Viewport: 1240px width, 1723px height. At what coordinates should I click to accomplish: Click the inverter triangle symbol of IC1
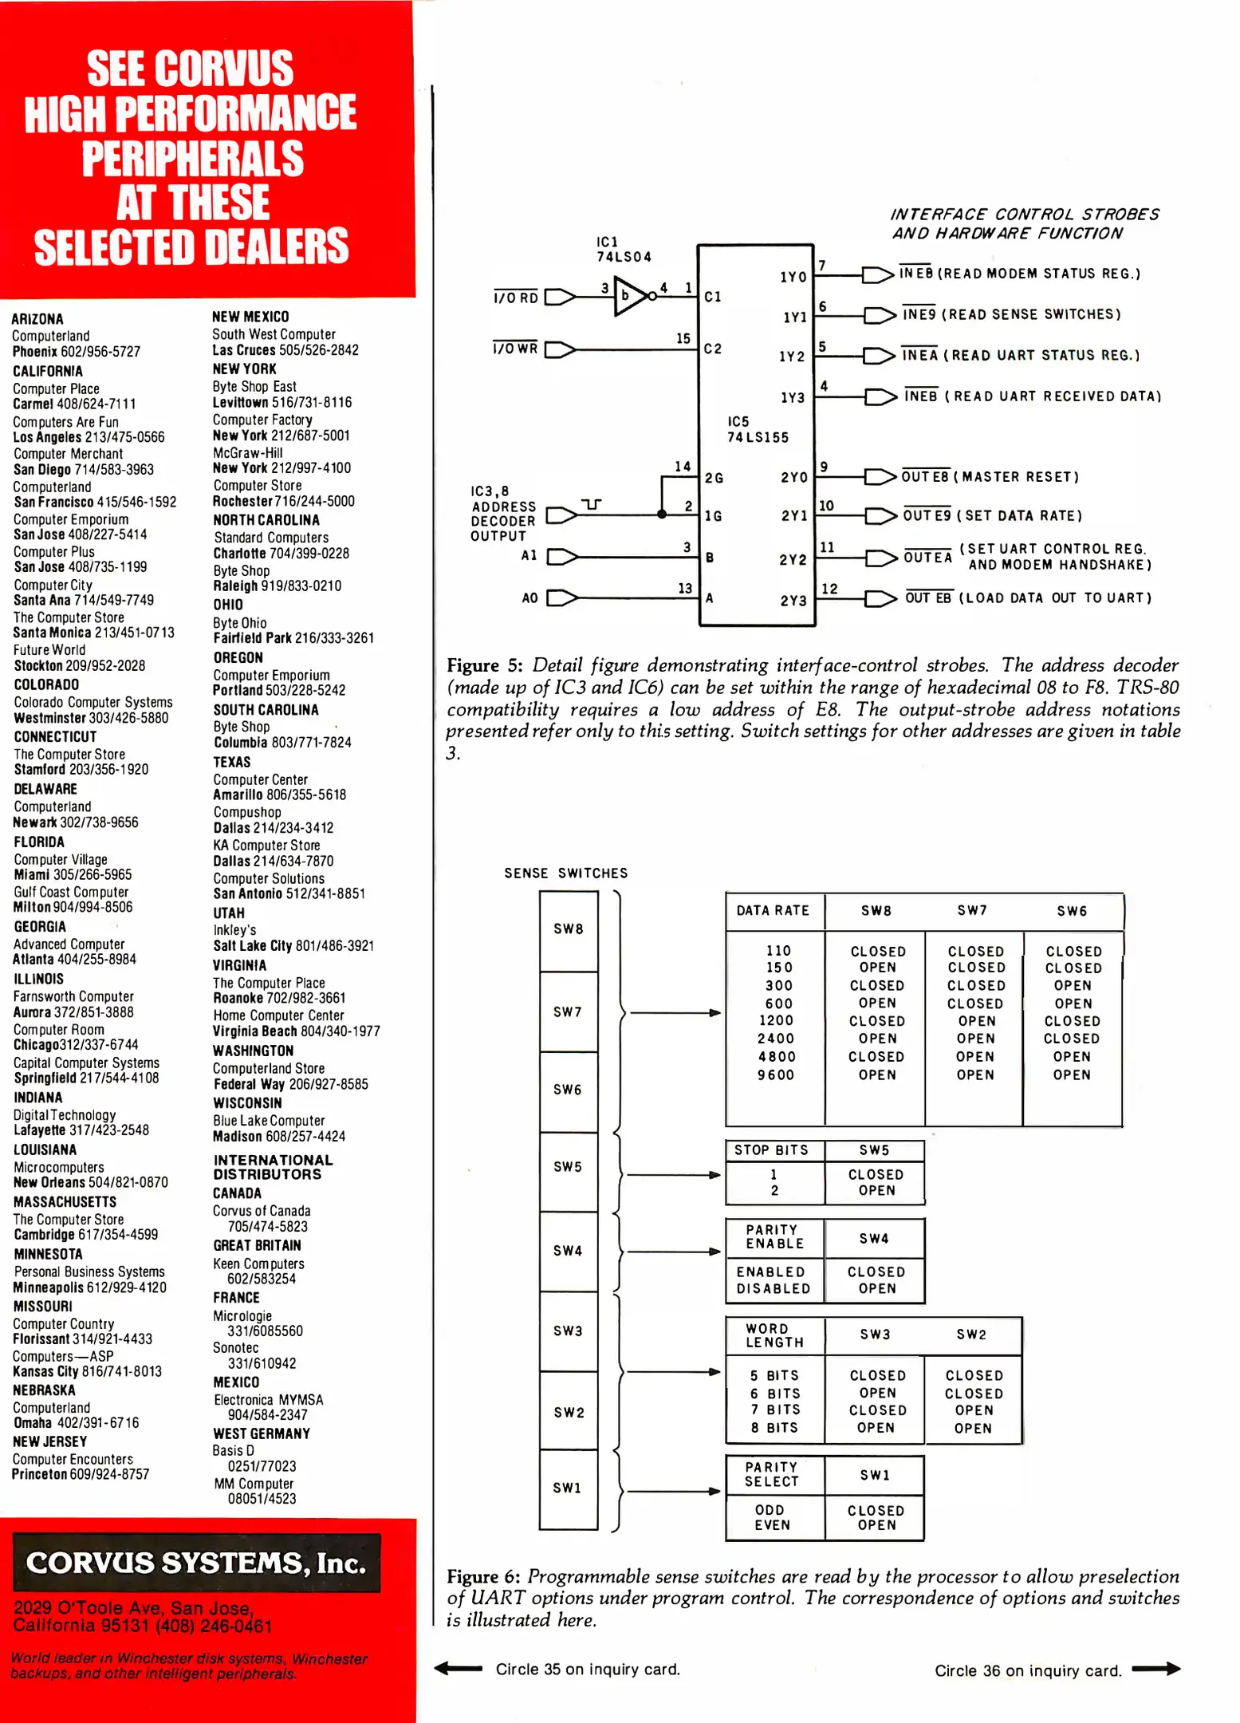[x=629, y=297]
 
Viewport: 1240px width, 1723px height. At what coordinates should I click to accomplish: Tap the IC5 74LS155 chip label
[x=757, y=429]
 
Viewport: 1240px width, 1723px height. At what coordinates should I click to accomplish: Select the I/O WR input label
[x=515, y=349]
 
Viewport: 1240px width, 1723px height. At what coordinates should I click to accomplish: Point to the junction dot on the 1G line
[x=661, y=515]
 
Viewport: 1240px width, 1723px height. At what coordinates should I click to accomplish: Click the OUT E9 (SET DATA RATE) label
[x=992, y=515]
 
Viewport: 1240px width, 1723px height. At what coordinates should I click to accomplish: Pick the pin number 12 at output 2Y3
[x=829, y=589]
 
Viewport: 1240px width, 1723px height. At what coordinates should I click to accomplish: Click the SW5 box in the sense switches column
[x=569, y=1167]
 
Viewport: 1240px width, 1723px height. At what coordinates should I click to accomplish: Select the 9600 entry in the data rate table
[x=776, y=1074]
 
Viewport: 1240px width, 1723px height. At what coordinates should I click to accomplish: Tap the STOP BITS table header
[x=771, y=1149]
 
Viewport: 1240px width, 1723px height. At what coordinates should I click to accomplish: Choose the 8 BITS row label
[x=774, y=1427]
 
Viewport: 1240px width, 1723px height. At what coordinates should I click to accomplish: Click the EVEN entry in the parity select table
[x=772, y=1524]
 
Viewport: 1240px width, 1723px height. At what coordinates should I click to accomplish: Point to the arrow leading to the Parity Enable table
[x=674, y=1252]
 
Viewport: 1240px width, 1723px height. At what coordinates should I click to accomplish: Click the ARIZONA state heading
[x=37, y=318]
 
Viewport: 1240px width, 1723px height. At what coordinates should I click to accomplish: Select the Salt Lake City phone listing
[x=293, y=945]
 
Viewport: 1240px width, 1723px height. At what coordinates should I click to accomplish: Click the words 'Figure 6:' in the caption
[x=484, y=1576]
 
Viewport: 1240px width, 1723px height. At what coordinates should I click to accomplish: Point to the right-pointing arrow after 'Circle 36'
[x=1155, y=1668]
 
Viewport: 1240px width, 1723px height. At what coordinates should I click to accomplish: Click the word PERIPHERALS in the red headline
[x=192, y=158]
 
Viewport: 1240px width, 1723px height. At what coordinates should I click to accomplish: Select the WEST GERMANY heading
[x=262, y=1433]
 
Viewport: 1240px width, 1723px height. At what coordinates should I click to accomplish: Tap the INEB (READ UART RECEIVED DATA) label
[x=1032, y=396]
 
